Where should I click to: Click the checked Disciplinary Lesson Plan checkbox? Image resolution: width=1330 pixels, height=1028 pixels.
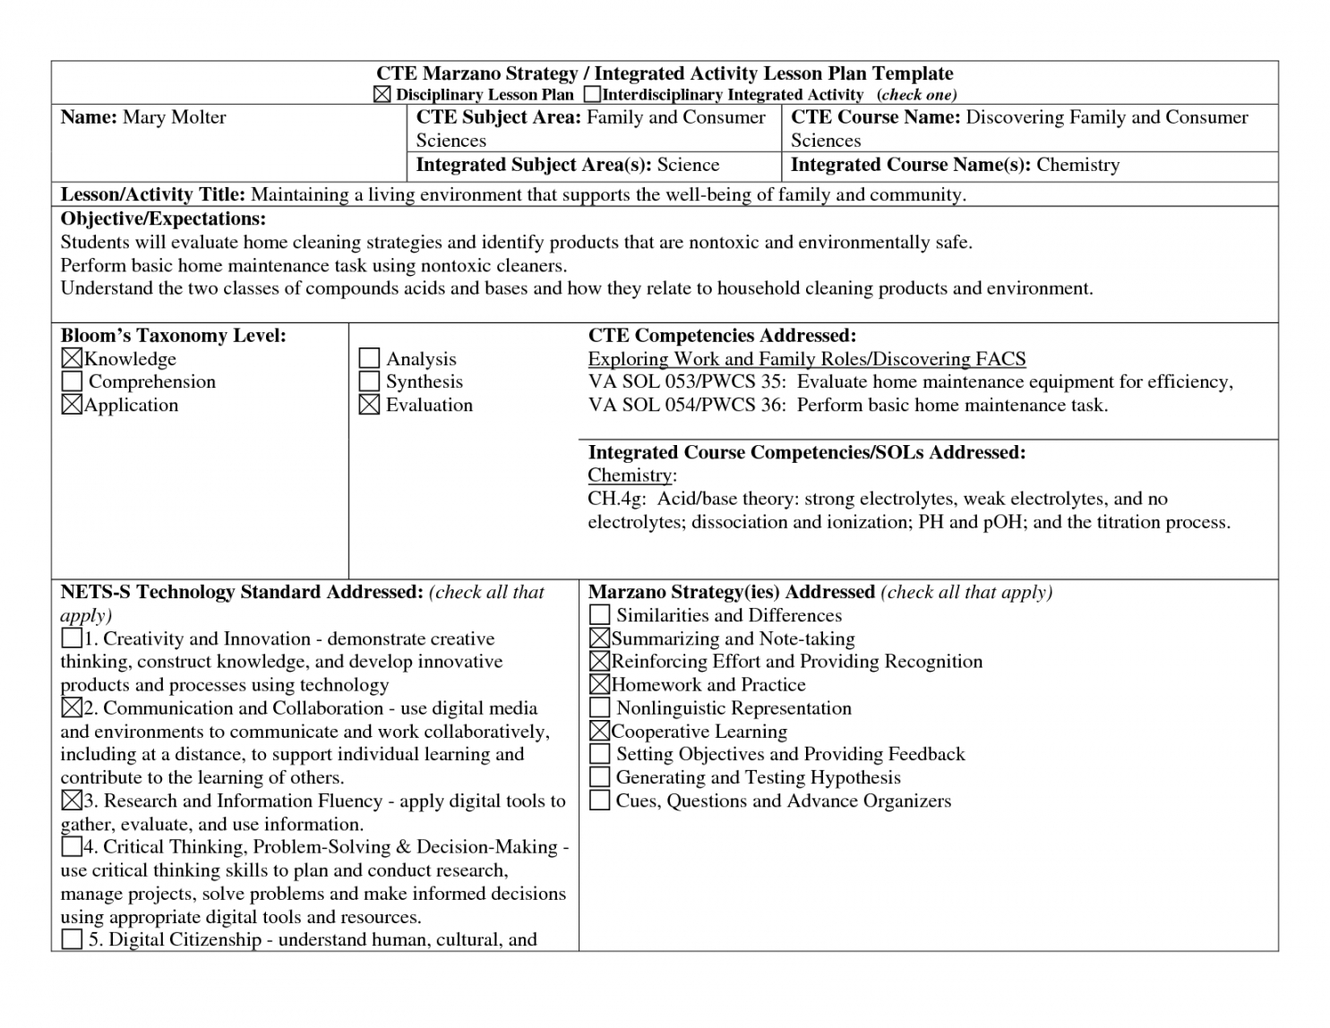click(x=382, y=95)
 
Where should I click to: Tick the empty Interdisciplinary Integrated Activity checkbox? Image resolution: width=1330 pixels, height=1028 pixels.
click(x=592, y=94)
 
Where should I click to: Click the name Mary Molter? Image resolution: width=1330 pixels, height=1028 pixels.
click(x=174, y=117)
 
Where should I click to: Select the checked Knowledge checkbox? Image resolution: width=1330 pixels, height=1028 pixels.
click(x=72, y=359)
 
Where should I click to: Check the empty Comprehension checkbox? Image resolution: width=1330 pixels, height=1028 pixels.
click(x=72, y=382)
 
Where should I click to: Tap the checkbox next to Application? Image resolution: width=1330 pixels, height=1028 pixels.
click(x=72, y=405)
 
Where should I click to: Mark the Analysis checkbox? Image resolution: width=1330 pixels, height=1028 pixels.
click(x=369, y=359)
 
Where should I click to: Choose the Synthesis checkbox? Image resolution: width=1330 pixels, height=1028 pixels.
click(x=369, y=382)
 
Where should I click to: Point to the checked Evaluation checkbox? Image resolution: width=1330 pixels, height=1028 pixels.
click(x=369, y=405)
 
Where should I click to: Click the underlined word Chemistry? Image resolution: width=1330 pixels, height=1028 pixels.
click(x=630, y=475)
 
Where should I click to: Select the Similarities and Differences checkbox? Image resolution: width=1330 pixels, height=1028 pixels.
click(x=600, y=615)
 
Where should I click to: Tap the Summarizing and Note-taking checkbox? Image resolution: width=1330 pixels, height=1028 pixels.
click(x=600, y=638)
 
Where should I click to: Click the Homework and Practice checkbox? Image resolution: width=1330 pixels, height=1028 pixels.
click(x=600, y=685)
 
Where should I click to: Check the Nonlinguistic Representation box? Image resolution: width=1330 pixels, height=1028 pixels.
click(x=600, y=708)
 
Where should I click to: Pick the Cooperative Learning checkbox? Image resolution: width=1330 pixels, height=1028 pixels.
click(x=600, y=732)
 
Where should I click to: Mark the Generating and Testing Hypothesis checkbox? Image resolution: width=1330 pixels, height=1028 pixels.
click(x=600, y=777)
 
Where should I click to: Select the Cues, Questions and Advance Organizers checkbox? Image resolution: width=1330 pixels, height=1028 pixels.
click(x=600, y=801)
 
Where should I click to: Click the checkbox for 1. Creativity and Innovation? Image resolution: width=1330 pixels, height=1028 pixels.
click(x=72, y=638)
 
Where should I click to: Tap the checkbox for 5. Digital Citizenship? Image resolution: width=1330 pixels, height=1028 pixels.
click(x=72, y=939)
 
